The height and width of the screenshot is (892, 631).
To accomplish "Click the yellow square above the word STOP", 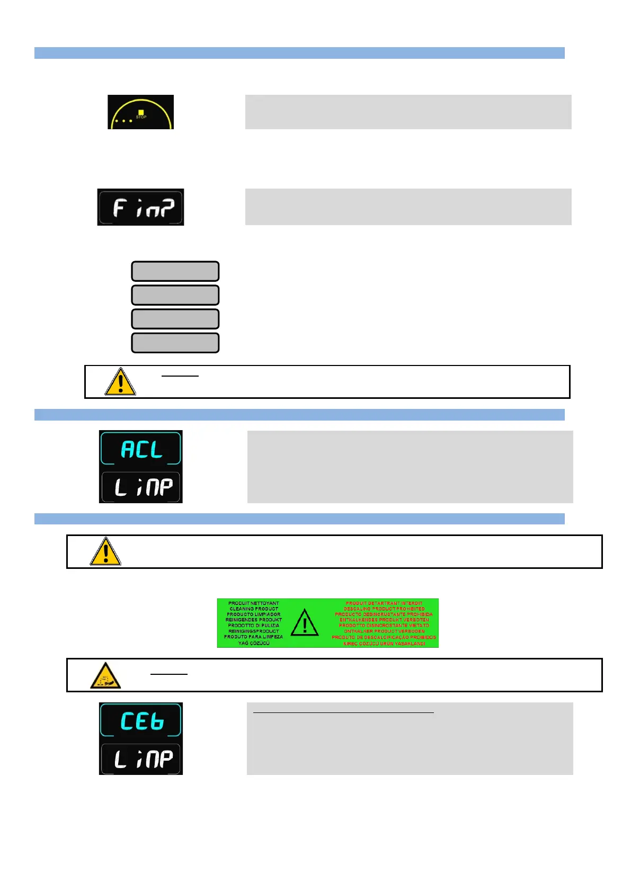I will point(141,112).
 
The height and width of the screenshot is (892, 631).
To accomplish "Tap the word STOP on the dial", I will point(141,117).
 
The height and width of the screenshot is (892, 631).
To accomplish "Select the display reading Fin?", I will point(141,207).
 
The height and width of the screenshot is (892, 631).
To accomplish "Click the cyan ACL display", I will point(141,449).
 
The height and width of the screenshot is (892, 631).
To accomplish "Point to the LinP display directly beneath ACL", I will point(141,486).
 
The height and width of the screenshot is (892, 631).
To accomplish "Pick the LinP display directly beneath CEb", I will point(141,759).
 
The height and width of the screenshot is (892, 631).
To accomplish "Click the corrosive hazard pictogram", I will point(105,675).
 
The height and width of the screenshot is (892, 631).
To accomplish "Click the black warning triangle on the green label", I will point(305,623).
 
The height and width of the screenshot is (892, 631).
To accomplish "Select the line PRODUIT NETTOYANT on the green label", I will point(254,603).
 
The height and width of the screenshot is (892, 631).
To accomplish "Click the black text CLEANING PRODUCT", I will point(254,609).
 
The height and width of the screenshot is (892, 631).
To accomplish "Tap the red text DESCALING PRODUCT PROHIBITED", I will point(384,609).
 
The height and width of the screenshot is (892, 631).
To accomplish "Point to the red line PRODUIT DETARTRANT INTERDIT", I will point(384,603).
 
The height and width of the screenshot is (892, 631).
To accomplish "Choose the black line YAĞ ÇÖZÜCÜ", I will point(254,643).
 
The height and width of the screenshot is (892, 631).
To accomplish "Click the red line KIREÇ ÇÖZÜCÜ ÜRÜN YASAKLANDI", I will point(384,644).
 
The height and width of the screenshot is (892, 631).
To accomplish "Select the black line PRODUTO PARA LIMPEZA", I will point(254,637).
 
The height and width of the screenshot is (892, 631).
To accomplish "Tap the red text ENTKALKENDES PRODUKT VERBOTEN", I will point(384,620).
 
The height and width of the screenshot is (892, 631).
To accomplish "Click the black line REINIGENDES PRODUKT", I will point(254,620).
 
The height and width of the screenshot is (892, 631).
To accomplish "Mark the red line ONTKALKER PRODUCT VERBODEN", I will point(384,631).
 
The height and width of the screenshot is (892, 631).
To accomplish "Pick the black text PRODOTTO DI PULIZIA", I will point(254,626).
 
